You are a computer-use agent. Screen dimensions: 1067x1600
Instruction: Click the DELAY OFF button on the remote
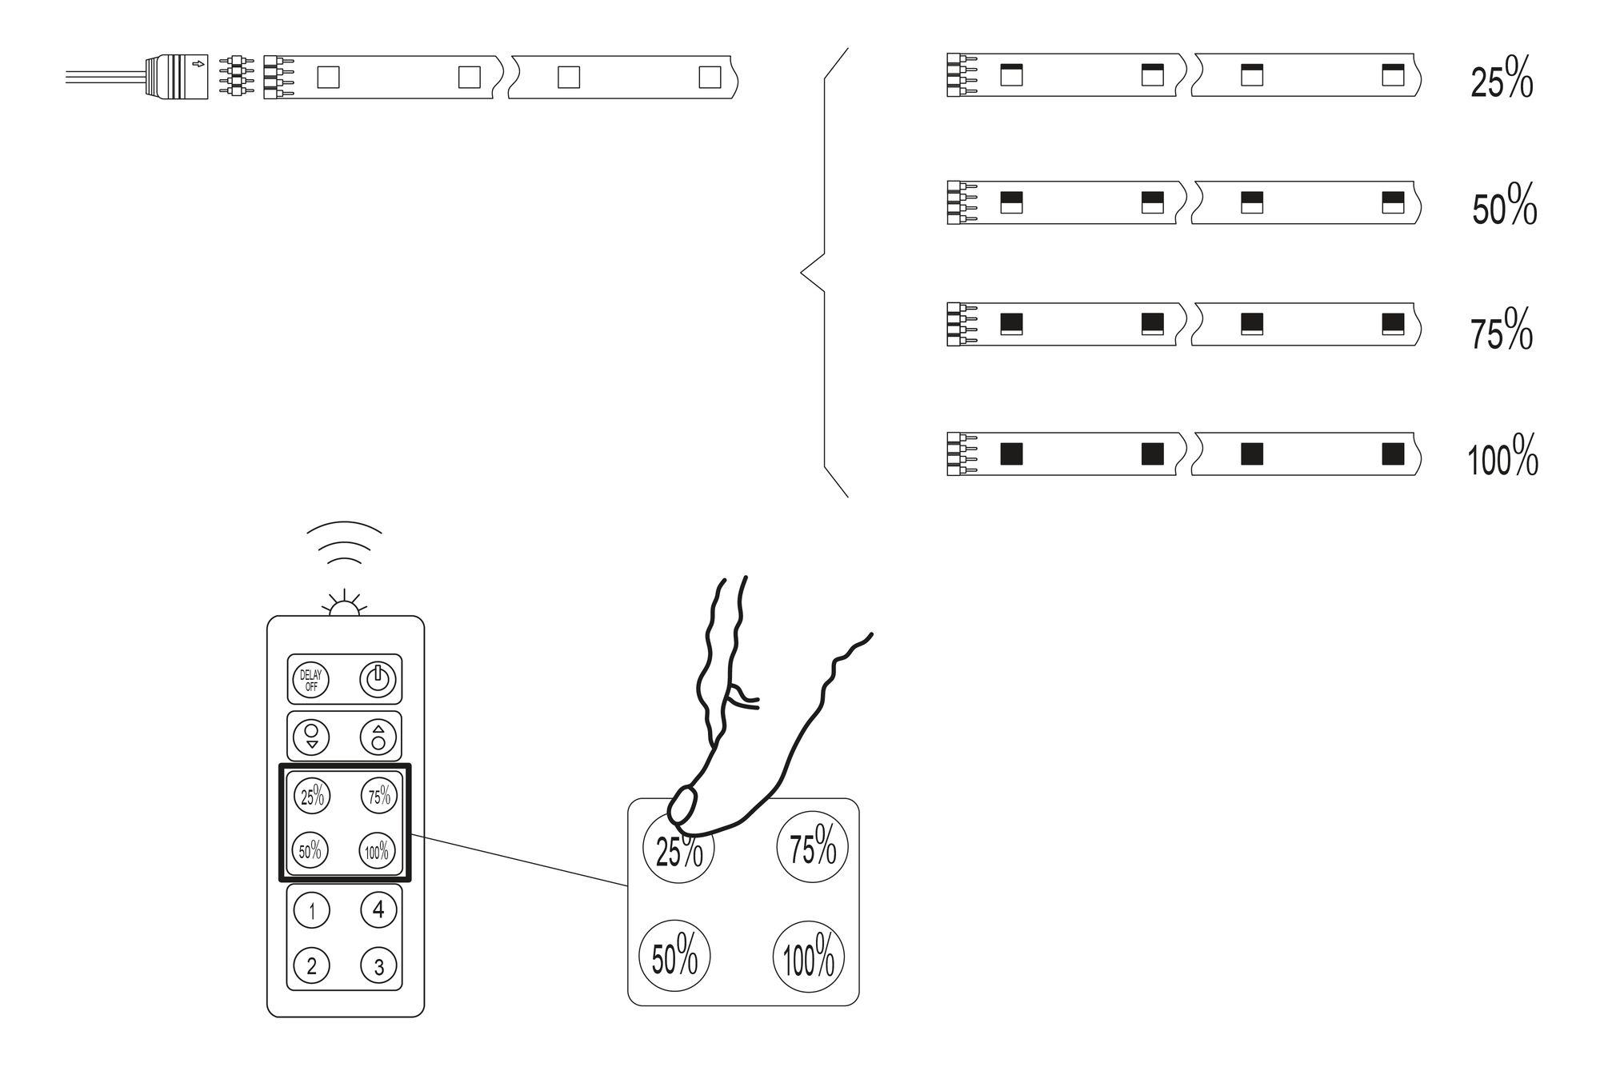(310, 680)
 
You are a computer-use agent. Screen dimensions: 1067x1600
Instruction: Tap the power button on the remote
(378, 680)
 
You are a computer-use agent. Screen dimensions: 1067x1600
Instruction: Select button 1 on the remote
(312, 910)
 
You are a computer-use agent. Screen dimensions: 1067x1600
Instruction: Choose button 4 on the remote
(378, 909)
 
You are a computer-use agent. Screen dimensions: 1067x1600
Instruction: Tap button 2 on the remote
(312, 965)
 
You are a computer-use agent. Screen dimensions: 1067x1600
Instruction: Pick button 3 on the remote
(378, 965)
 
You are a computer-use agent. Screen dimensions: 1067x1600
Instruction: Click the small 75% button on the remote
(378, 795)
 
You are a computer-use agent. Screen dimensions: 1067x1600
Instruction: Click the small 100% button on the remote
(377, 851)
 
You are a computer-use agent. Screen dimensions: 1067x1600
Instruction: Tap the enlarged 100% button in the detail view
(808, 957)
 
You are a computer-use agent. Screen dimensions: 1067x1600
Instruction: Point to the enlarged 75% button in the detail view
(812, 846)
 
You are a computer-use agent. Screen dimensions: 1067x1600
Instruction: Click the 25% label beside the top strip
(1501, 80)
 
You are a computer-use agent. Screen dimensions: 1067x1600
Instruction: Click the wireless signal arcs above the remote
(345, 541)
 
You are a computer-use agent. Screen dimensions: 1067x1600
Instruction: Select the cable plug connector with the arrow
(177, 77)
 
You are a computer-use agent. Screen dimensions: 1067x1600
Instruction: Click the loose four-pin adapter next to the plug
(235, 76)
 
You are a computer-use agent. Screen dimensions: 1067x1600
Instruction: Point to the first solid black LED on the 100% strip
(1012, 454)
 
